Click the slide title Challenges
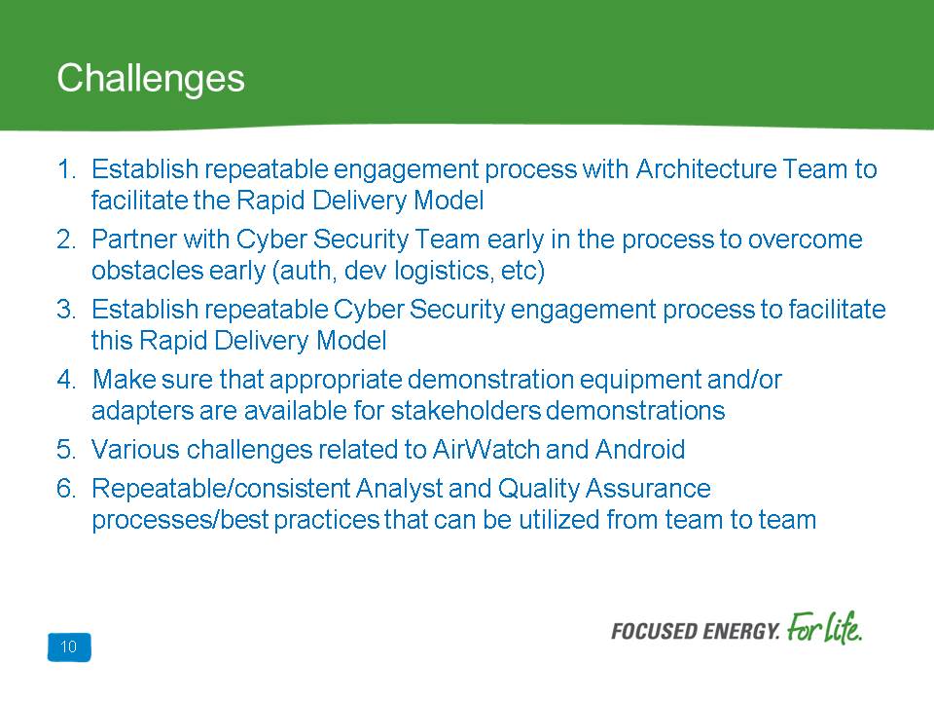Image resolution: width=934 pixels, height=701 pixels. coord(151,79)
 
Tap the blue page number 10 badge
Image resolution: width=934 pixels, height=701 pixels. coord(69,646)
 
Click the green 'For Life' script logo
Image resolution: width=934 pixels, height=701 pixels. coord(824,628)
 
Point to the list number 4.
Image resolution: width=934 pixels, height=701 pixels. coord(66,379)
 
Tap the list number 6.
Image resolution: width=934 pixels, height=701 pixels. coord(66,488)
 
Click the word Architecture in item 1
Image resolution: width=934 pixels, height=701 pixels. coord(706,169)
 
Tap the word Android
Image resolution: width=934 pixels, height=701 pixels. coord(640,450)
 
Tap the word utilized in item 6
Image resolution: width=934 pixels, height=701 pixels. coord(559,519)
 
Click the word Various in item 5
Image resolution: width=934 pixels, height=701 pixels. coord(135,450)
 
